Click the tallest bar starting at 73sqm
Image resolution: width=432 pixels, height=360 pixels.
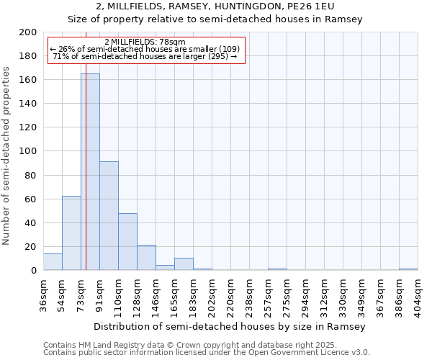90,172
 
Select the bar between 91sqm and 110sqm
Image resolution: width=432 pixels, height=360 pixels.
109,216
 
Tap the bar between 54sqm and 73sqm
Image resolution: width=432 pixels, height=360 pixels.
71,233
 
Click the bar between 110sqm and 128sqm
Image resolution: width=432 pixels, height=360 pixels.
127,242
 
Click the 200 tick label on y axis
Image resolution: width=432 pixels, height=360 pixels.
28,32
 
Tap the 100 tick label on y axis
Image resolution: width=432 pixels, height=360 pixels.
28,151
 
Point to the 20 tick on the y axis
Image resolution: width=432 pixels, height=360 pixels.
31,247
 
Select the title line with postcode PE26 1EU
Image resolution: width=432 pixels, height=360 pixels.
215,6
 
